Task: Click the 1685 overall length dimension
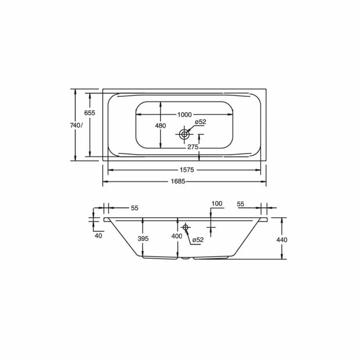[178, 181]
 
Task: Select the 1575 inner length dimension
[187, 170]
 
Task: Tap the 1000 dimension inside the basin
[184, 114]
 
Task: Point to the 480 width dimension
[160, 126]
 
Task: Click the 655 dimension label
[90, 113]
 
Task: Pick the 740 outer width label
[75, 125]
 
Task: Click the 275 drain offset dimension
[193, 147]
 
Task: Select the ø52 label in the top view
[201, 122]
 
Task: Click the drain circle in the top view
[184, 134]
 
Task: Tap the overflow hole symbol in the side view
[186, 227]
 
